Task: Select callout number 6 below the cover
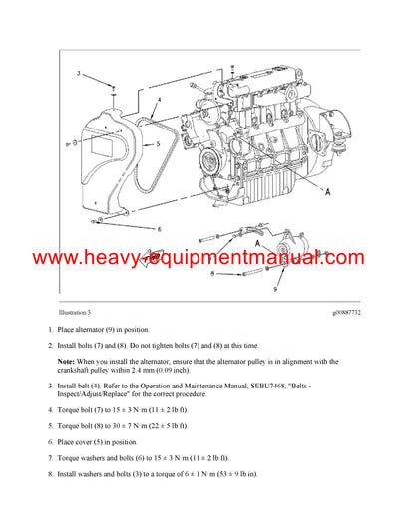coord(159,229)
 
